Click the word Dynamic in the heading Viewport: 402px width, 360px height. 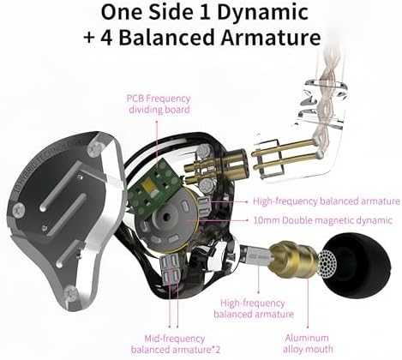(262, 13)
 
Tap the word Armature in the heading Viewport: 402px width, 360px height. (271, 37)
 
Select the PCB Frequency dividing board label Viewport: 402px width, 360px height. (159, 104)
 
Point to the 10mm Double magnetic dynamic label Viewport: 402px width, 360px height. (323, 220)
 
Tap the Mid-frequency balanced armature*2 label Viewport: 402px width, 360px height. (176, 344)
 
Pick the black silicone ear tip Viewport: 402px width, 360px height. (357, 268)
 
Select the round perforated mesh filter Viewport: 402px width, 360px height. (327, 264)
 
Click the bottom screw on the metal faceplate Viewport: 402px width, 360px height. (70, 293)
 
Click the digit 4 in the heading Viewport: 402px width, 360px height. (106, 38)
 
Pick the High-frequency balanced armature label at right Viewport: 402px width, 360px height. (327, 201)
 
